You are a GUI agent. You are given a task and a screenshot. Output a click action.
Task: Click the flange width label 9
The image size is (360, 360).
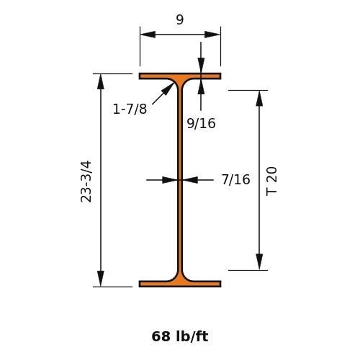pyautogui.click(x=180, y=19)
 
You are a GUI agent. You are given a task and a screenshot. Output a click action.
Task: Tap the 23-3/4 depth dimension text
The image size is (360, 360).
pyautogui.click(x=86, y=181)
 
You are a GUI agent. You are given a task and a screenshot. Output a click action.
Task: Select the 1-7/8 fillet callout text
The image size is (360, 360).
pyautogui.click(x=130, y=109)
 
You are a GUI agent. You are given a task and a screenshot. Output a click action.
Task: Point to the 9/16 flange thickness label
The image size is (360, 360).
pyautogui.click(x=201, y=124)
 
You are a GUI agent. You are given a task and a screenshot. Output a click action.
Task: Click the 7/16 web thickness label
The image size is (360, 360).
pyautogui.click(x=235, y=179)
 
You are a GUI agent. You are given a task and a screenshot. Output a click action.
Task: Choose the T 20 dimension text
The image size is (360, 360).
pyautogui.click(x=271, y=181)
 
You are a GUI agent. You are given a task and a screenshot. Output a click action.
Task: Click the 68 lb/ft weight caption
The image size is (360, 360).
pyautogui.click(x=180, y=336)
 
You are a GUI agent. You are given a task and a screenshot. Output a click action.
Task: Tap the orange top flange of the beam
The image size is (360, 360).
pyautogui.click(x=180, y=76)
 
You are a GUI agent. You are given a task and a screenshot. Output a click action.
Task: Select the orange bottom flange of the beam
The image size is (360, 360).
pyautogui.click(x=180, y=284)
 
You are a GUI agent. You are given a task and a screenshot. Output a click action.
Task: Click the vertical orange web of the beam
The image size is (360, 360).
pyautogui.click(x=180, y=180)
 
